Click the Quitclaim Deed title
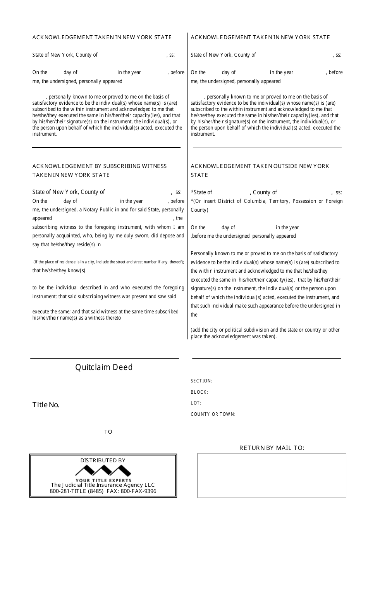point(104,367)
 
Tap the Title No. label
point(46,405)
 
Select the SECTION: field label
point(201,381)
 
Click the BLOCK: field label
point(199,392)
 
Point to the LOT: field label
point(196,403)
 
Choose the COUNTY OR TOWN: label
point(213,414)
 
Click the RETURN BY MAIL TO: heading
point(272,448)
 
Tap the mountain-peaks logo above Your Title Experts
point(103,471)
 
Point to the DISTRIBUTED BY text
point(103,460)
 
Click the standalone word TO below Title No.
point(108,432)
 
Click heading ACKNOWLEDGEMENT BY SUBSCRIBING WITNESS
point(100,166)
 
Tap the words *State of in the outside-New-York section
point(201,192)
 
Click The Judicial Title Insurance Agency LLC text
point(103,485)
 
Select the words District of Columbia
point(241,201)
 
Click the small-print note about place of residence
point(108,262)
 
